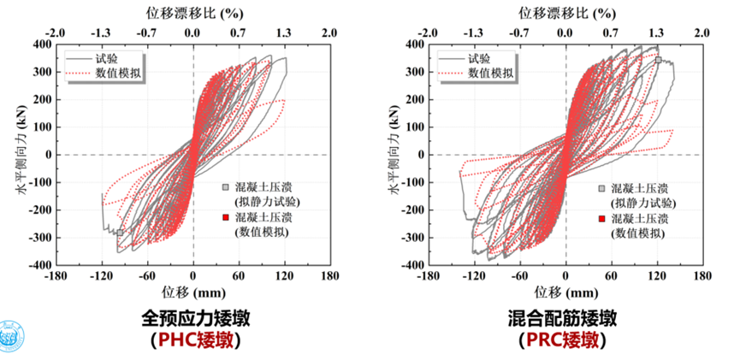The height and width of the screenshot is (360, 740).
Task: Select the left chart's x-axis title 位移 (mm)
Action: click(x=192, y=292)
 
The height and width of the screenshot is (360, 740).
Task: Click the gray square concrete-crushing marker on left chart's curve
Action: click(x=121, y=232)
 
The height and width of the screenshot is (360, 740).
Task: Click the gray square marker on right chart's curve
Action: click(x=658, y=60)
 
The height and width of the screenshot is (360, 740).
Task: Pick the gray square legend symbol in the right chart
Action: click(x=601, y=189)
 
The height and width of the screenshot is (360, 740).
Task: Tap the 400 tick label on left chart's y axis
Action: click(x=42, y=44)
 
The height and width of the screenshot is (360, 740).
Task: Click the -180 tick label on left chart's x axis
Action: click(x=56, y=277)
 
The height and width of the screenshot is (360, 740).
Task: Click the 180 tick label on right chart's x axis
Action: click(x=702, y=277)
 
